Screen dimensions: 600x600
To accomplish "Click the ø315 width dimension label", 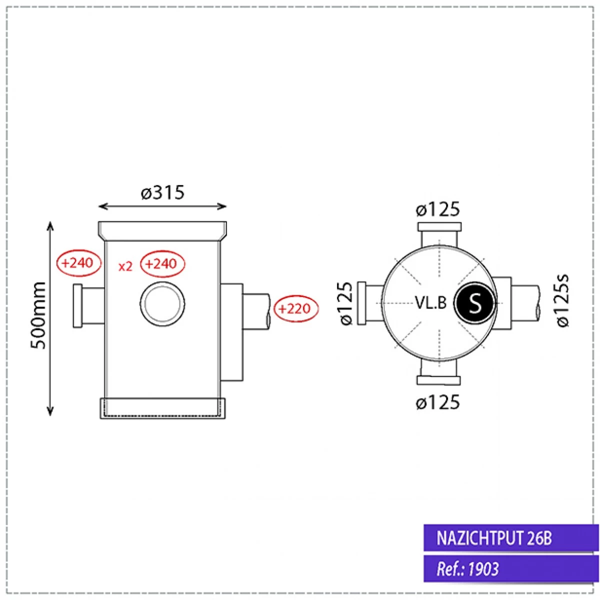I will pyautogui.click(x=162, y=192).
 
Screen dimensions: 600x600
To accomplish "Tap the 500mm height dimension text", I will pyautogui.click(x=38, y=316).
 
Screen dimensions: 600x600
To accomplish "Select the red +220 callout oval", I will pyautogui.click(x=294, y=308).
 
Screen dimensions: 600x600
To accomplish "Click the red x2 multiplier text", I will pyautogui.click(x=125, y=266).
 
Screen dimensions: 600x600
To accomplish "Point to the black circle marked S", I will pyautogui.click(x=474, y=303).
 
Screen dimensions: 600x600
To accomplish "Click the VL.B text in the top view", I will pyautogui.click(x=430, y=302).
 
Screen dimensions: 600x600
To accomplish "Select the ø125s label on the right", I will pyautogui.click(x=563, y=301).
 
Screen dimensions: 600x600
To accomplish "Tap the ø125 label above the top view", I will pyautogui.click(x=437, y=209).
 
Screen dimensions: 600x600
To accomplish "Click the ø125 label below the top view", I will pyautogui.click(x=437, y=402).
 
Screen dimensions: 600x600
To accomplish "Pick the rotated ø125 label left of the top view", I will pyautogui.click(x=346, y=303).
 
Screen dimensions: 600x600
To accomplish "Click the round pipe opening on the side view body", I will pyautogui.click(x=162, y=303).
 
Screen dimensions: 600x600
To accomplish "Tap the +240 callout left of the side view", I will pyautogui.click(x=79, y=263).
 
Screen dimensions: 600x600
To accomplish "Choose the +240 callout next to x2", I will pyautogui.click(x=162, y=263).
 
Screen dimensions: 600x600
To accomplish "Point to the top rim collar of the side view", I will pyautogui.click(x=162, y=230).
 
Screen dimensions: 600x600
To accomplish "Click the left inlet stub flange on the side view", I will pyautogui.click(x=78, y=305).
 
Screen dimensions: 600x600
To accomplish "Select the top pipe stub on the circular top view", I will pyautogui.click(x=438, y=233).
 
